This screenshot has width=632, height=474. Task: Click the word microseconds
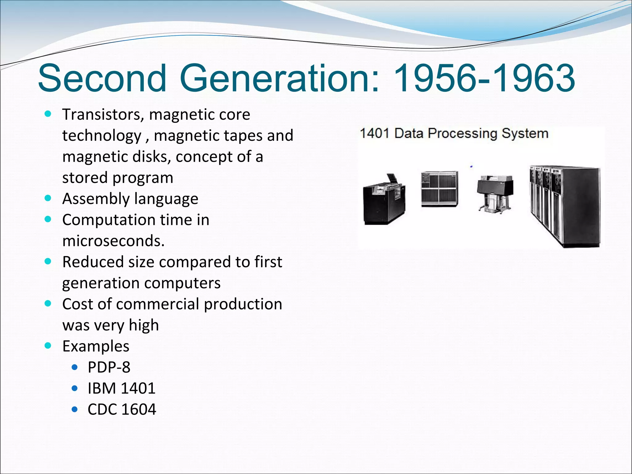[113, 241]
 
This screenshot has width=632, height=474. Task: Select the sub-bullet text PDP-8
[109, 367]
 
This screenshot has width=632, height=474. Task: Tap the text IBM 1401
[121, 388]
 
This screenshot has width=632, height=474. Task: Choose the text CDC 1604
[122, 410]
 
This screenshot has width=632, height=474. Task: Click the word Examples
[96, 346]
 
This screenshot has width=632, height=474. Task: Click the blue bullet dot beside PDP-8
[74, 367]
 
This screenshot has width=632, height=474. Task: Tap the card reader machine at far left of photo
[384, 201]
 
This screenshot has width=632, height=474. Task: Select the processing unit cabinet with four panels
[439, 189]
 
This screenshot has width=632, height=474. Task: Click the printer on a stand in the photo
[495, 193]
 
